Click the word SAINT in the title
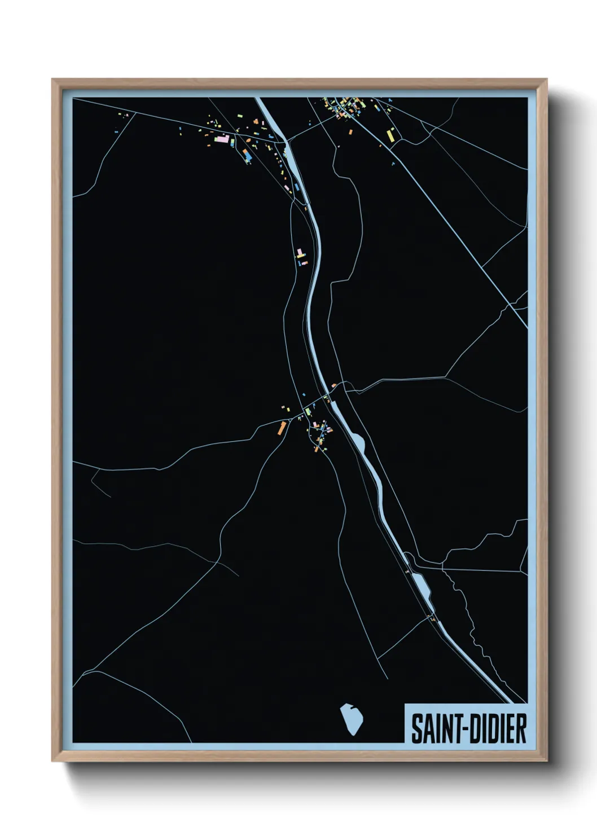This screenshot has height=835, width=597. tap(433, 729)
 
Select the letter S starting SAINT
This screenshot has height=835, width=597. tap(416, 729)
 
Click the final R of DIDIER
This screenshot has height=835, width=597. tap(521, 729)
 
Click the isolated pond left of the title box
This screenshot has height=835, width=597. tap(351, 719)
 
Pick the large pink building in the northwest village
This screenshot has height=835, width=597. tap(221, 138)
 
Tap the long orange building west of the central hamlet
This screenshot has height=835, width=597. tap(281, 428)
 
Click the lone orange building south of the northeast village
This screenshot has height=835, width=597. tap(351, 132)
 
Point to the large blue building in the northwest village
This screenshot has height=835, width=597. tap(246, 153)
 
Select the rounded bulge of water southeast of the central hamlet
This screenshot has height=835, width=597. tap(359, 442)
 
